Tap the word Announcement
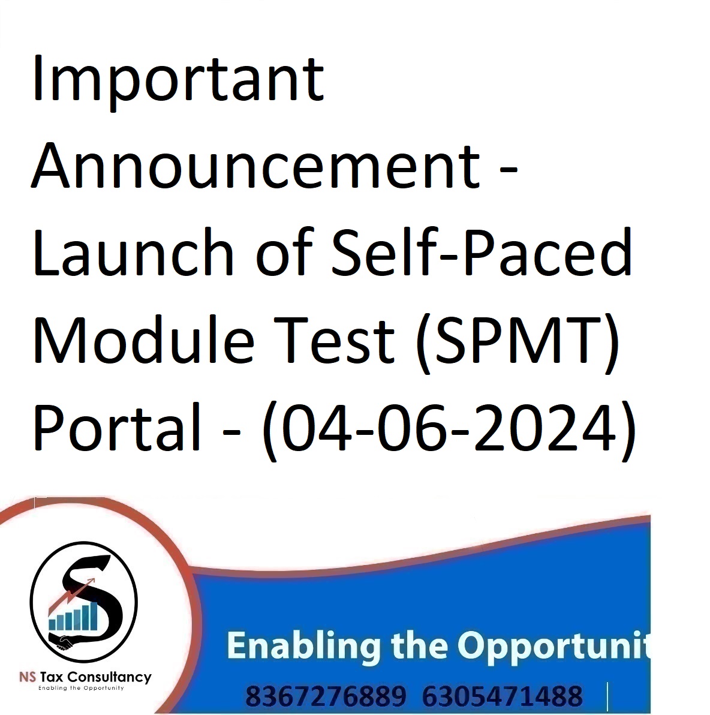click(255, 166)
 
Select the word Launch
click(133, 252)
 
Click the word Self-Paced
click(482, 252)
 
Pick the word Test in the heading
click(334, 340)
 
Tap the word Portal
click(117, 426)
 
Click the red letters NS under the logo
click(28, 677)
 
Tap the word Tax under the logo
click(51, 677)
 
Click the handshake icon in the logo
click(64, 643)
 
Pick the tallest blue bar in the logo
click(93, 616)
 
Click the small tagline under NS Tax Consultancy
click(81, 688)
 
